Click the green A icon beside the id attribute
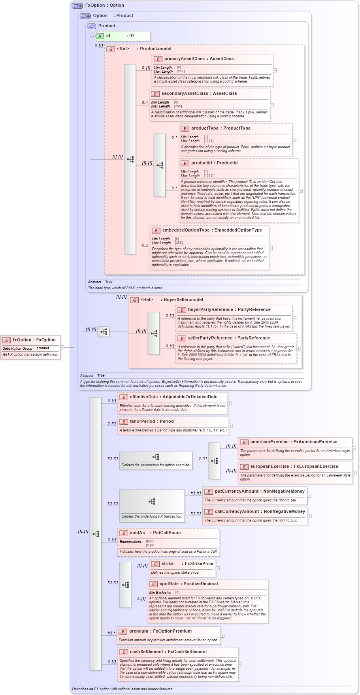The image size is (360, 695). [100, 36]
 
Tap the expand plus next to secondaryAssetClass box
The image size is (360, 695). [272, 105]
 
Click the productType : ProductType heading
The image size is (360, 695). [221, 128]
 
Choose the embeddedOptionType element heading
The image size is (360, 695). [212, 230]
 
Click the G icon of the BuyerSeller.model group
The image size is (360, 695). [134, 300]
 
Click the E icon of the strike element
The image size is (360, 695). [155, 564]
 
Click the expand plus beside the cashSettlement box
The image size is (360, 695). [240, 664]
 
